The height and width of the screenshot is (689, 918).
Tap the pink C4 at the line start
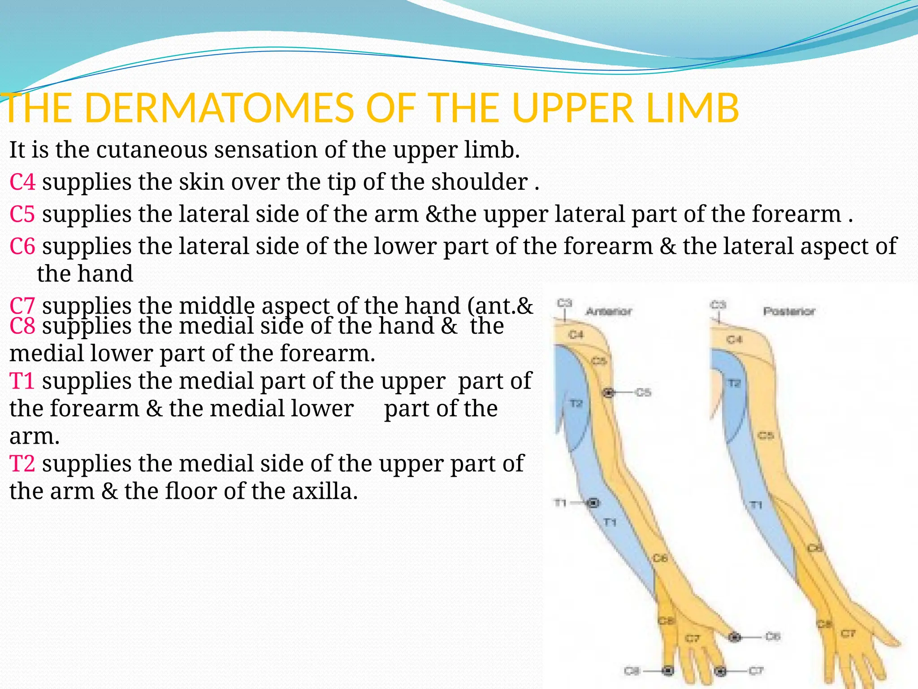click(22, 182)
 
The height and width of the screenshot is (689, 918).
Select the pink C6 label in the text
click(22, 246)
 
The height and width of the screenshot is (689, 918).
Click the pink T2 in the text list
click(22, 463)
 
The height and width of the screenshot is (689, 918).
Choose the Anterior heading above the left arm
click(609, 311)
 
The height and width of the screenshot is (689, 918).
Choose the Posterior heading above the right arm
click(789, 311)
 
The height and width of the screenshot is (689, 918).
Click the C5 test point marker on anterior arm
click(608, 393)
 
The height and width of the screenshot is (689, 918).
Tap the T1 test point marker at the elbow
click(593, 503)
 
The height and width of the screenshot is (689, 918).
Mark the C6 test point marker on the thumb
click(734, 637)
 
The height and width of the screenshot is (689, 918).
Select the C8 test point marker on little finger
click(668, 671)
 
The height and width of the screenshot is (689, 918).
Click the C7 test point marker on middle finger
click(720, 671)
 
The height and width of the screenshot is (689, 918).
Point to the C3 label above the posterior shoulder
click(718, 305)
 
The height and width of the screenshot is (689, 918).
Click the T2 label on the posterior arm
click(734, 384)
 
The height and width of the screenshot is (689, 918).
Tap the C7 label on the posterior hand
click(848, 633)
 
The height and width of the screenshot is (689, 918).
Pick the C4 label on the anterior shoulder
click(576, 335)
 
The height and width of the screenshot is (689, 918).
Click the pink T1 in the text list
click(22, 381)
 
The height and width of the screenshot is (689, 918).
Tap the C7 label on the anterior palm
click(692, 638)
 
